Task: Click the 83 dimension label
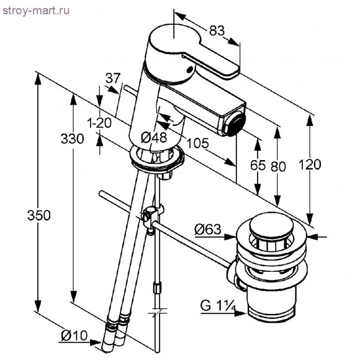[x=217, y=30]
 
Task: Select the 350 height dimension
[x=39, y=215]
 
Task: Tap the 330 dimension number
[x=73, y=138]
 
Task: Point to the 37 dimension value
[x=113, y=78]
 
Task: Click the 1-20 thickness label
[x=100, y=123]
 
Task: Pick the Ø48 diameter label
[x=154, y=138]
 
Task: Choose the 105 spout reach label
[x=197, y=143]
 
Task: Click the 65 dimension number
[x=258, y=165]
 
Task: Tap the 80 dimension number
[x=278, y=166]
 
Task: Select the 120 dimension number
[x=310, y=164]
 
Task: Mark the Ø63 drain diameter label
[x=208, y=230]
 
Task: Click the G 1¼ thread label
[x=218, y=305]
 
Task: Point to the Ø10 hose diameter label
[x=74, y=336]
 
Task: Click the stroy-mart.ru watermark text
[x=36, y=11]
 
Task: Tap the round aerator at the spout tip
[x=236, y=124]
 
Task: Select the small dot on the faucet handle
[x=190, y=69]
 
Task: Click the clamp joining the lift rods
[x=152, y=217]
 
